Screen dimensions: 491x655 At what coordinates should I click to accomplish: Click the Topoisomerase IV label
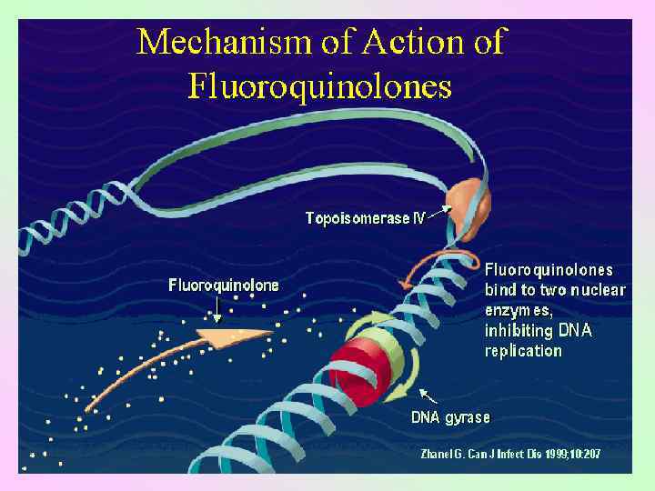[365, 218]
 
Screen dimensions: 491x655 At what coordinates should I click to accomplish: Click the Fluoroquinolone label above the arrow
[224, 286]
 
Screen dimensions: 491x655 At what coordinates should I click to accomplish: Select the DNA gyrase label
[450, 417]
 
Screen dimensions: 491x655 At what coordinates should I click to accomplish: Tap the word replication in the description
[523, 351]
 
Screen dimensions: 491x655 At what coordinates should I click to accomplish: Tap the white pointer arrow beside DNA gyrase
[427, 396]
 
